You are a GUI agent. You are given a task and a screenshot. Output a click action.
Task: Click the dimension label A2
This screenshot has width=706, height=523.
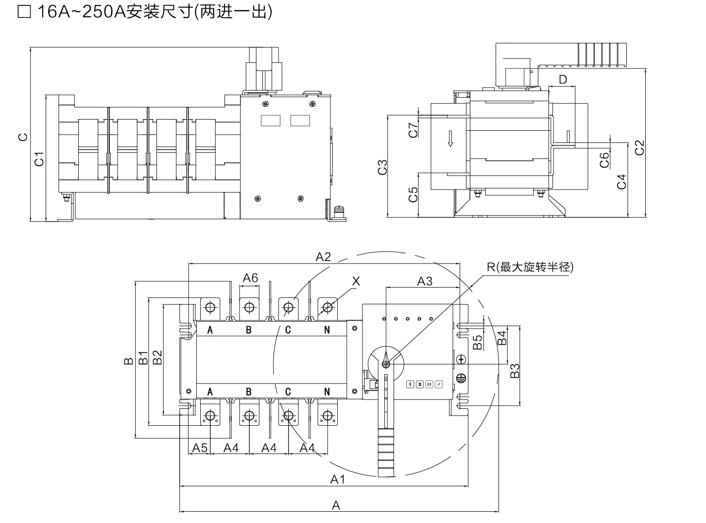pyautogui.click(x=323, y=257)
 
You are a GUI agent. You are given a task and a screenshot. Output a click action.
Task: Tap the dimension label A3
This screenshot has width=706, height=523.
pyautogui.click(x=425, y=281)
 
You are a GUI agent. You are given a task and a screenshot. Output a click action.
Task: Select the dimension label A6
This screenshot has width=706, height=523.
pyautogui.click(x=250, y=278)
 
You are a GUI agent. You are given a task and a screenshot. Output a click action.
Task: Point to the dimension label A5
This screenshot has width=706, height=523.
pyautogui.click(x=200, y=448)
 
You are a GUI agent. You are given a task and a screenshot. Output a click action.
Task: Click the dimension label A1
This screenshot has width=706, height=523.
pyautogui.click(x=337, y=479)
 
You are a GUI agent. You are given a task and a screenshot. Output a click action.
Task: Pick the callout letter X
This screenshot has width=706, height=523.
pyautogui.click(x=356, y=281)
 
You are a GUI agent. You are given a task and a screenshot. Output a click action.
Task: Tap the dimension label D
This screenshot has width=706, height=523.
pyautogui.click(x=563, y=80)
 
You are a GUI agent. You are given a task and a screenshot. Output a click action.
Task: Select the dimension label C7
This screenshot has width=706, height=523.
pyautogui.click(x=413, y=130)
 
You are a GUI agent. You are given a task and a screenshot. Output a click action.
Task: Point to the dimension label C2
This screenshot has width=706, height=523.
pyautogui.click(x=639, y=147)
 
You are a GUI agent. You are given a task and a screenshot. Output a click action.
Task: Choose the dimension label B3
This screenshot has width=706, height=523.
pyautogui.click(x=515, y=371)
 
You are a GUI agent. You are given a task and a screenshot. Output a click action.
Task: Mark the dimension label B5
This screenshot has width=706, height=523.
pyautogui.click(x=478, y=342)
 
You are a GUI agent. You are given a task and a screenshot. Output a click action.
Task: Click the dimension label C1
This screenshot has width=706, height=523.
pyautogui.click(x=39, y=158)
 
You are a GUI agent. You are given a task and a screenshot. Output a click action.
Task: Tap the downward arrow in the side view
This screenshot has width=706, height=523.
pyautogui.click(x=450, y=138)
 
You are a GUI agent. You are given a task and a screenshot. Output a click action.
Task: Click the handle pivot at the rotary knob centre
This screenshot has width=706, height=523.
pyautogui.click(x=386, y=364)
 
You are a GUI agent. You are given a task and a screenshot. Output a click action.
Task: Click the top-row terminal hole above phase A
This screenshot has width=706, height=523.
pyautogui.click(x=210, y=307)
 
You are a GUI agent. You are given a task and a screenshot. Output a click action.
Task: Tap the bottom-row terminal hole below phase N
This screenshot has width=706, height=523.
pyautogui.click(x=327, y=416)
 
